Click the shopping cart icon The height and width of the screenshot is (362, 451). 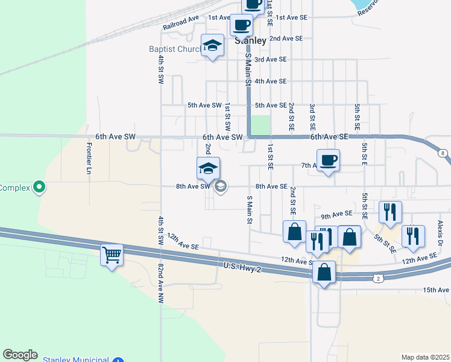coord(112,255)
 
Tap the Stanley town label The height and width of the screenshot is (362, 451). coord(250,41)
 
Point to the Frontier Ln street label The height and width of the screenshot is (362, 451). coord(89,159)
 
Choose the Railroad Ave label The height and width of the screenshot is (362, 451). coord(181,24)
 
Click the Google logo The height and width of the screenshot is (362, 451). coord(20,354)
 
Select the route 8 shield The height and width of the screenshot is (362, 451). coord(444,154)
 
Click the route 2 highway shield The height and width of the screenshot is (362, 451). coord(377,278)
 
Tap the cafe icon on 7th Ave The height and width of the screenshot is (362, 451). coord(328,160)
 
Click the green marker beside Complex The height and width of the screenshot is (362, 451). coord(40,187)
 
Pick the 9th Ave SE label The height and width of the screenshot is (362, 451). coord(336,214)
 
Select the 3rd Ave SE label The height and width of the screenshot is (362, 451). coord(270,59)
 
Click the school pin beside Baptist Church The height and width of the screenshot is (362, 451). coord(212,45)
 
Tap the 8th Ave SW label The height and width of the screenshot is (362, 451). coord(192,186)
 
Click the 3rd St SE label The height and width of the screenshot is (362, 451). coord(312,117)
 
